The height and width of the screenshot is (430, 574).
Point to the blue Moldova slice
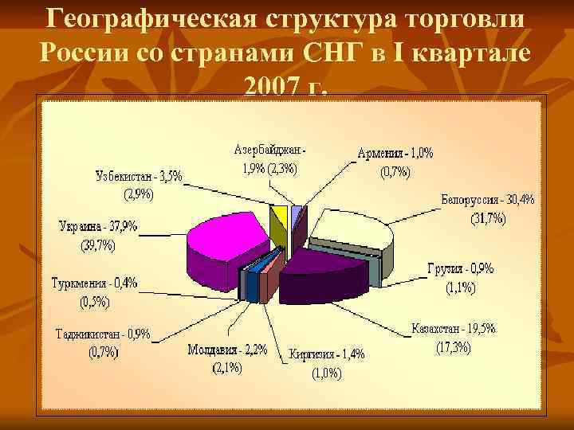click(254, 283)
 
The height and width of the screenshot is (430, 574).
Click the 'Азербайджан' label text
click(269, 149)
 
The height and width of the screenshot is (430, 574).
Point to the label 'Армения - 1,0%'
click(395, 154)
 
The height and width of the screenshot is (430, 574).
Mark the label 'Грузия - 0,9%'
click(460, 269)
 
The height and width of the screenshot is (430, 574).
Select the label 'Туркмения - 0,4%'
click(94, 283)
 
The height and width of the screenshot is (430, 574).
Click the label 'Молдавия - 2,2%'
click(227, 350)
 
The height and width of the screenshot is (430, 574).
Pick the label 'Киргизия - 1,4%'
click(327, 354)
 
